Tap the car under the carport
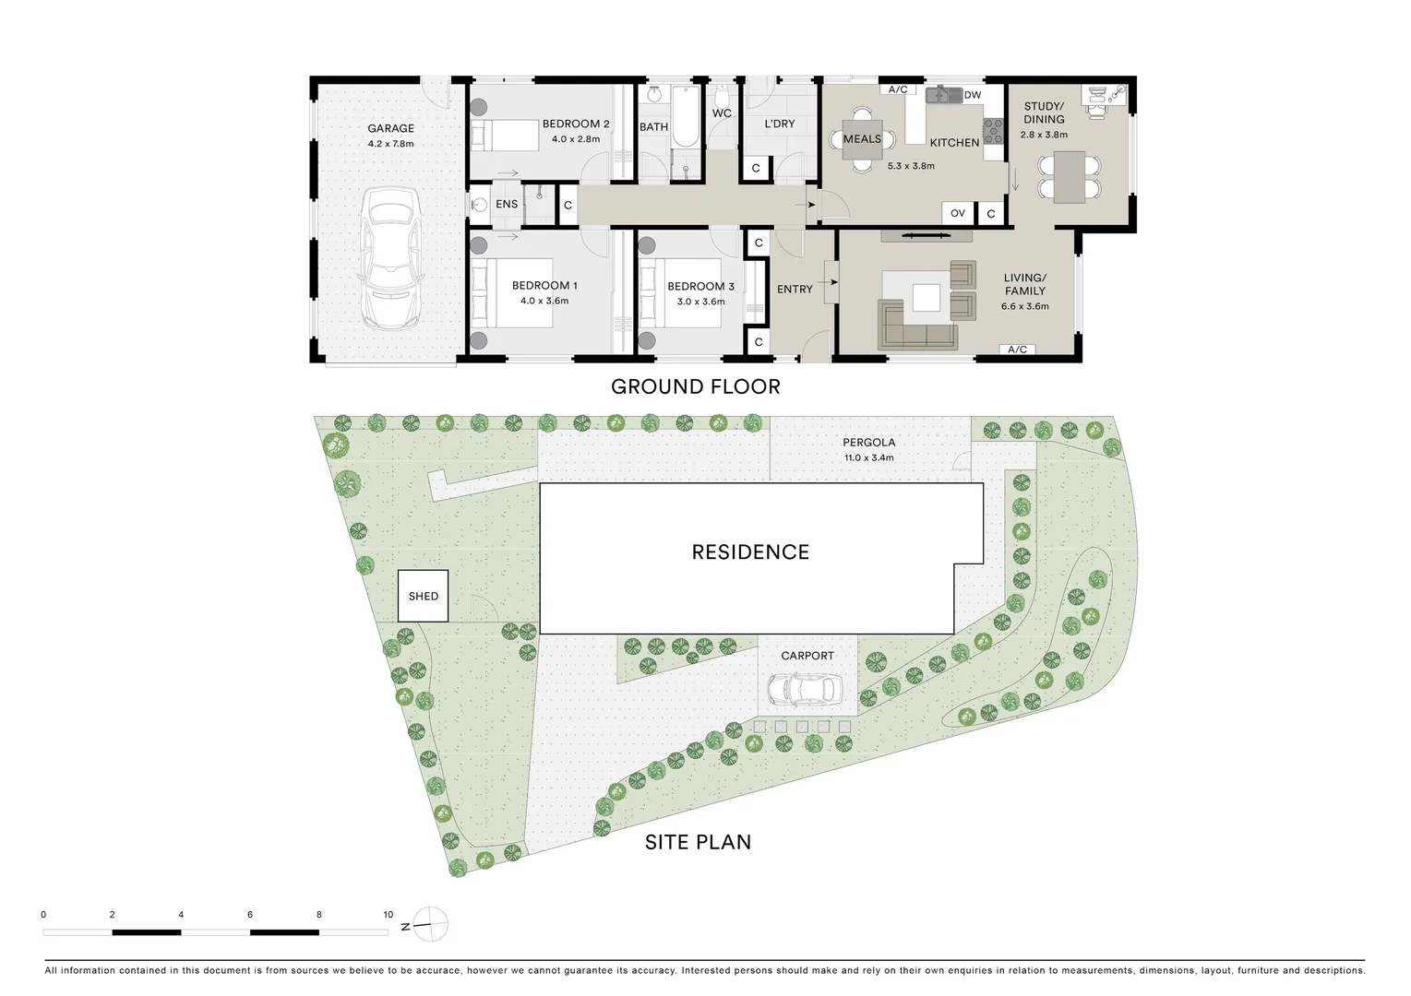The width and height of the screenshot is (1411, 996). point(804,688)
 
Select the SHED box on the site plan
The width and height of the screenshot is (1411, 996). point(423,596)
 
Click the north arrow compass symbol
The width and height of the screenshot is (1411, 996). point(430,923)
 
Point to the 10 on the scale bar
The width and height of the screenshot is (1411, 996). point(389,915)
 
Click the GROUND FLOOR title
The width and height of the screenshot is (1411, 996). point(695,387)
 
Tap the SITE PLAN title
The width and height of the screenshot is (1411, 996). point(698,842)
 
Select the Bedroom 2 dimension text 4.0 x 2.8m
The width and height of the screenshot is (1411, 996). point(575,139)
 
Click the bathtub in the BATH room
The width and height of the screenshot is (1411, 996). point(685,117)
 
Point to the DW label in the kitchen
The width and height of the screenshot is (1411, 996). point(973,95)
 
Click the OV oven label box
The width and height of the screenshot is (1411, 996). point(958,213)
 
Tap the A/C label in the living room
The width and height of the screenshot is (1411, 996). point(1017,350)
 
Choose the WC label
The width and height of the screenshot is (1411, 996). point(722,113)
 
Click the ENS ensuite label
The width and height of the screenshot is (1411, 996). point(507,204)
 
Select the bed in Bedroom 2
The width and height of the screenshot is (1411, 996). point(504,136)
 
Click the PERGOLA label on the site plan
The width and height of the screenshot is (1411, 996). point(868,443)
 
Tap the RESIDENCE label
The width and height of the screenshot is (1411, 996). point(750,552)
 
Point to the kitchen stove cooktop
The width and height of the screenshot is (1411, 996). point(992,130)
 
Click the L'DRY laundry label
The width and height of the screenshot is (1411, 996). point(779,124)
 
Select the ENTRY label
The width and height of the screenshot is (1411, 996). point(795,290)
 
